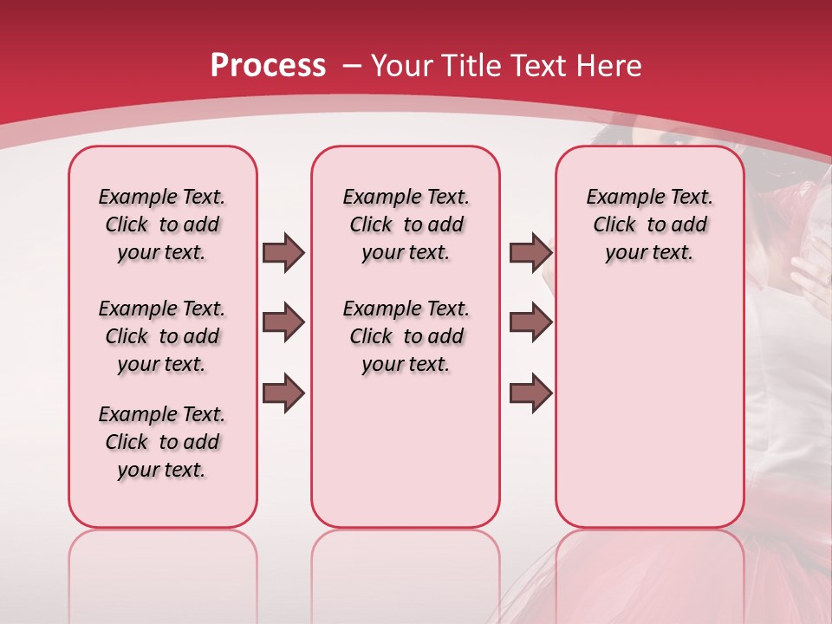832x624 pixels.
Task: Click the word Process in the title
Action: [268, 65]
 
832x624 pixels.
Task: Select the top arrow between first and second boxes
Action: [283, 252]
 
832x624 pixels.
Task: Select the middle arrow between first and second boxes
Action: [283, 323]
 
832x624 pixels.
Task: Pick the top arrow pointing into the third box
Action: [530, 252]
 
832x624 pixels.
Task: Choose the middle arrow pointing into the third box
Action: [530, 323]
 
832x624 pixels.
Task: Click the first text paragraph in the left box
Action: [162, 224]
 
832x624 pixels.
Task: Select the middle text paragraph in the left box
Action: [162, 336]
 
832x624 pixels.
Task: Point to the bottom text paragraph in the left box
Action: [162, 442]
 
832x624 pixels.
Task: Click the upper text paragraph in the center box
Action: [406, 224]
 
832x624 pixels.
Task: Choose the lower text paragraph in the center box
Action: [406, 336]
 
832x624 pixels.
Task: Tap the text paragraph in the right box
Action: [649, 224]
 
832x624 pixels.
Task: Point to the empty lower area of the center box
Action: [406, 451]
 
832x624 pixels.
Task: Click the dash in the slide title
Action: [353, 65]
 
